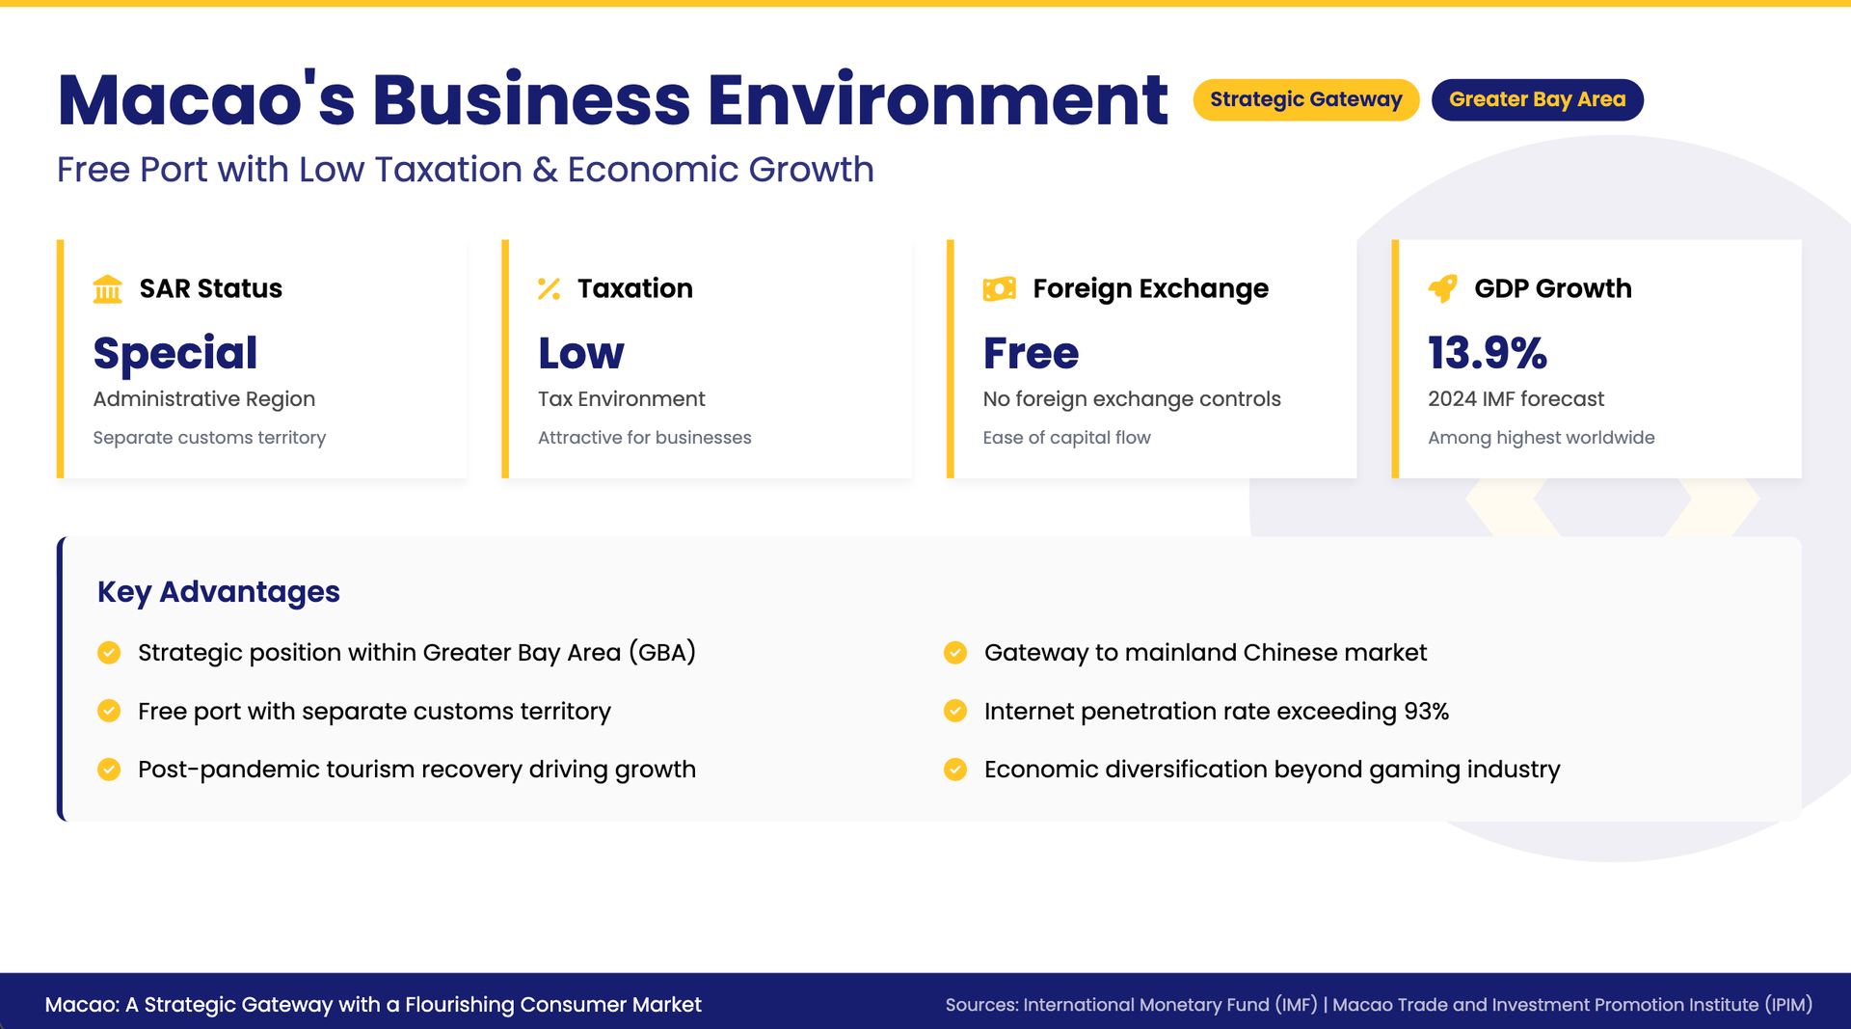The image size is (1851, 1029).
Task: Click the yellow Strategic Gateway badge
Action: (1305, 99)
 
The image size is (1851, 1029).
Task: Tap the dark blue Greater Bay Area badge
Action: (1537, 99)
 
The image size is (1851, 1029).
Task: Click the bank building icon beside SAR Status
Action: (108, 288)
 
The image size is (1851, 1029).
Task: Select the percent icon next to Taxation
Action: (549, 288)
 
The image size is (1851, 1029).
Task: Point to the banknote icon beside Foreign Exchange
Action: (999, 288)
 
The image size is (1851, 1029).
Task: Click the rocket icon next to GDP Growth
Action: (1443, 287)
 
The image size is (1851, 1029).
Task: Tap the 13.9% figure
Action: (1488, 352)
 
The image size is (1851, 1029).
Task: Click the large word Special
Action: (175, 354)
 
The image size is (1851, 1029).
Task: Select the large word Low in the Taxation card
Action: (581, 353)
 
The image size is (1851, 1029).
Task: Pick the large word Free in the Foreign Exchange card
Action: (1031, 353)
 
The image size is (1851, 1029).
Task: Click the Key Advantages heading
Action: (219, 591)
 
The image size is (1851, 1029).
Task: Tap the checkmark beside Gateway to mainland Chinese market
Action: (955, 653)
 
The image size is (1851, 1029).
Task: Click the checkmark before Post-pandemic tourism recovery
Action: (109, 770)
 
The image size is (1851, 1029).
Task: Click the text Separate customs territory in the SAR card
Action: (209, 438)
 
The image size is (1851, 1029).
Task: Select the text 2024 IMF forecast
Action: (1516, 399)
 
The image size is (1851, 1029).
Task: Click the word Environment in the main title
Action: (938, 100)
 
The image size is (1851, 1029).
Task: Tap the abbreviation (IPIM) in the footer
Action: (1789, 1005)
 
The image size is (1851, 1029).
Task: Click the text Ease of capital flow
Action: (1066, 438)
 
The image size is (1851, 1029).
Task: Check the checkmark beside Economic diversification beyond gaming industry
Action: (955, 770)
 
